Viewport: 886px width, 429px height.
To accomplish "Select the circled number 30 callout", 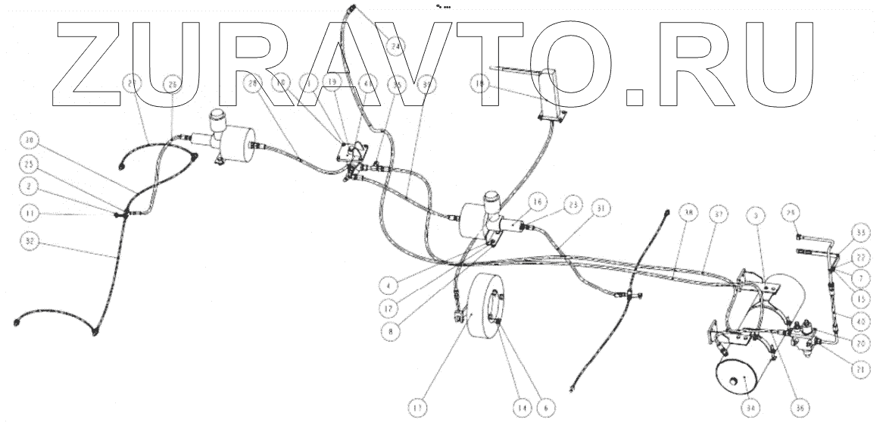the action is [x=30, y=141].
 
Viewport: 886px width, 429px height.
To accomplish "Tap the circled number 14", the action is [x=519, y=406].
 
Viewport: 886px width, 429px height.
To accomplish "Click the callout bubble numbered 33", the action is [x=859, y=230].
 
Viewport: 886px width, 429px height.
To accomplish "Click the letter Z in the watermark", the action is [x=83, y=61].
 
